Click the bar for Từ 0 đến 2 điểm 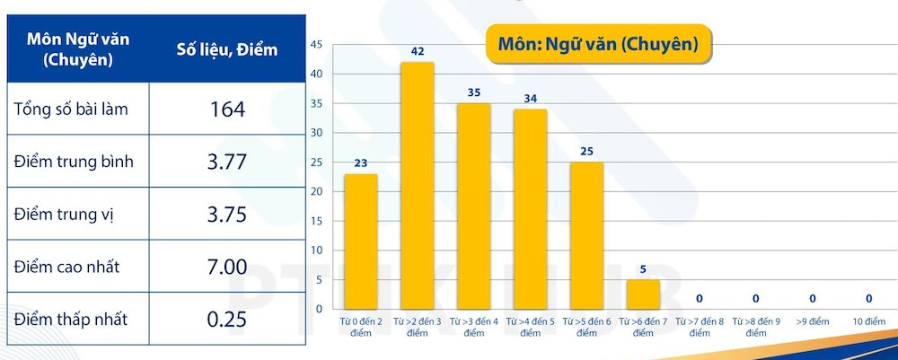[x=360, y=241]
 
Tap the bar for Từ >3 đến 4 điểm [x=473, y=206]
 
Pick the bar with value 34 [x=530, y=208]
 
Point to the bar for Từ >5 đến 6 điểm [x=586, y=235]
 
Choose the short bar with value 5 [x=643, y=294]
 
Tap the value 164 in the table [x=226, y=109]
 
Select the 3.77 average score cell [x=226, y=162]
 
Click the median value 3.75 [x=226, y=215]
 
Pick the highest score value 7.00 [x=226, y=267]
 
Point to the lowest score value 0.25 [x=226, y=320]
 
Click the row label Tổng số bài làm [x=71, y=110]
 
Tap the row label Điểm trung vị [x=64, y=215]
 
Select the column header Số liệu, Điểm [x=226, y=50]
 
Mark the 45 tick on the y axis [x=316, y=43]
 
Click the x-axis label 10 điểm [x=869, y=320]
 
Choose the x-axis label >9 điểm [x=813, y=320]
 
